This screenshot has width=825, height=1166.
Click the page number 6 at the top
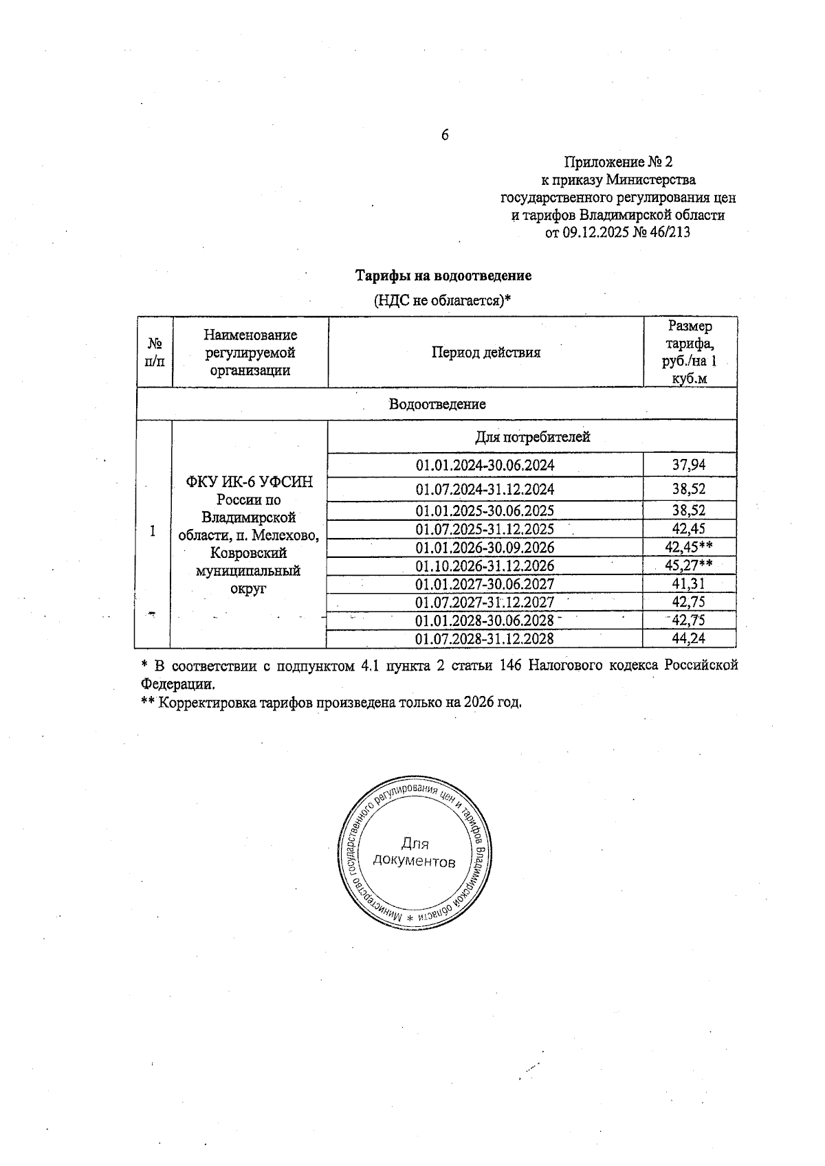tap(445, 135)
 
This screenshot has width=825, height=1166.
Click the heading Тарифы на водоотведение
tap(443, 276)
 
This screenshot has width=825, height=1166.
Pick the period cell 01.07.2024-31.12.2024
tap(485, 490)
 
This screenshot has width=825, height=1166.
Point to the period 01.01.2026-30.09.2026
tap(485, 548)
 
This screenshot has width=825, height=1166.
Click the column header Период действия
tap(485, 352)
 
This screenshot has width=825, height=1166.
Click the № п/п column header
tap(155, 352)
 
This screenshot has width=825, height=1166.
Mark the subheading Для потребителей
tap(532, 437)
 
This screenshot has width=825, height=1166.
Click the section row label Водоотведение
tap(437, 404)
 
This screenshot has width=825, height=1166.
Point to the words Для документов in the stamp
tap(414, 853)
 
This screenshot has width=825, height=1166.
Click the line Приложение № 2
tap(618, 162)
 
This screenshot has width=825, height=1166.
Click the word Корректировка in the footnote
tap(206, 703)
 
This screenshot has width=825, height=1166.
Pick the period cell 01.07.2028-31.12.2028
tap(485, 639)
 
